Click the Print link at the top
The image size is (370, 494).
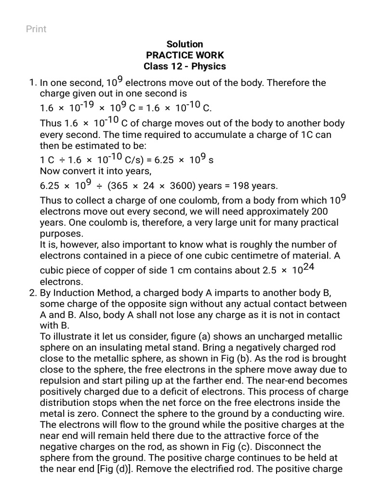(x=36, y=29)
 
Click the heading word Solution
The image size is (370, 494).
(x=185, y=44)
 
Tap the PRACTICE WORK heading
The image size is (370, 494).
(x=185, y=55)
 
